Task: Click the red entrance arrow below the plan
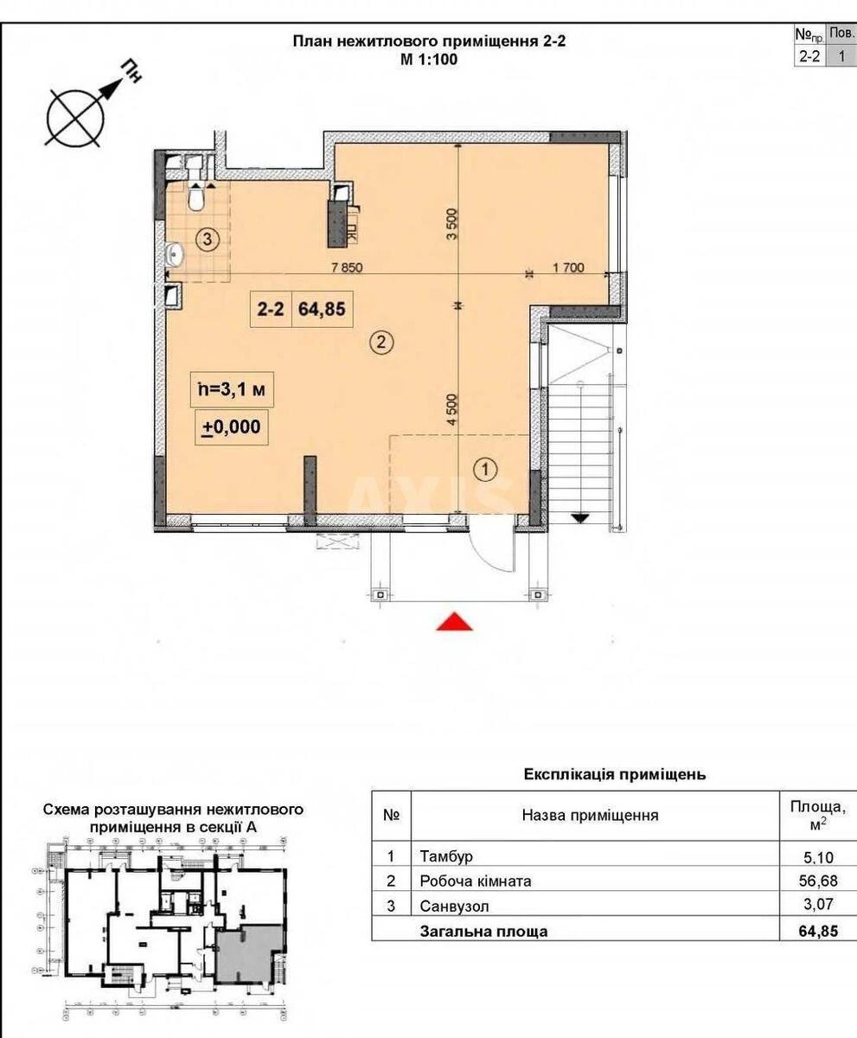click(x=454, y=622)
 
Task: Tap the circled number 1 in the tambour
click(x=486, y=470)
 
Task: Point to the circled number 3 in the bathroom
click(x=206, y=239)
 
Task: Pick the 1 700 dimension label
click(x=568, y=268)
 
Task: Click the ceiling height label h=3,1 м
click(x=230, y=389)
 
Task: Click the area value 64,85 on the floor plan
click(x=325, y=310)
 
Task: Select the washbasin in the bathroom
click(x=177, y=253)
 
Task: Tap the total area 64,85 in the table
click(x=817, y=932)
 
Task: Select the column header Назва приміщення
click(x=590, y=815)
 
